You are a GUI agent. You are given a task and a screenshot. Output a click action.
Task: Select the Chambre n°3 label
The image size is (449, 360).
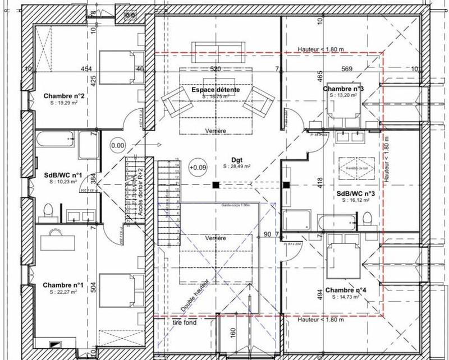(x=343, y=89)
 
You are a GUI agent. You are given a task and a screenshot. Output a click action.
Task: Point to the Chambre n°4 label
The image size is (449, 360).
(x=346, y=290)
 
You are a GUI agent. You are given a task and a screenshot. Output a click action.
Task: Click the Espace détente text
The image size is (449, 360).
(x=216, y=90)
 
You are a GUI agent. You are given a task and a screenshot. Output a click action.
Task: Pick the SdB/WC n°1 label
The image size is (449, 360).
(x=63, y=175)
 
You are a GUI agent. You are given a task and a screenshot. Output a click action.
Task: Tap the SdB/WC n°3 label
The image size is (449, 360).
(x=355, y=193)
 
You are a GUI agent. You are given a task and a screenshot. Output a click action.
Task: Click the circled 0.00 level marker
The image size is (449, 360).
(x=118, y=145)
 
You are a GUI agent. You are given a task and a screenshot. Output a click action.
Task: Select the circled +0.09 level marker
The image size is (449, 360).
(x=198, y=167)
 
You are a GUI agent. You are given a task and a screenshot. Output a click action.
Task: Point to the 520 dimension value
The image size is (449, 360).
(x=215, y=69)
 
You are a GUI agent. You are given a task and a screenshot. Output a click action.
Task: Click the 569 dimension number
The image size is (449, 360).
(x=346, y=69)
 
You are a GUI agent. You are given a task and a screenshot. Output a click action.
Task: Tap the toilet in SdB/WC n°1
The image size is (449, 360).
(x=49, y=210)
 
